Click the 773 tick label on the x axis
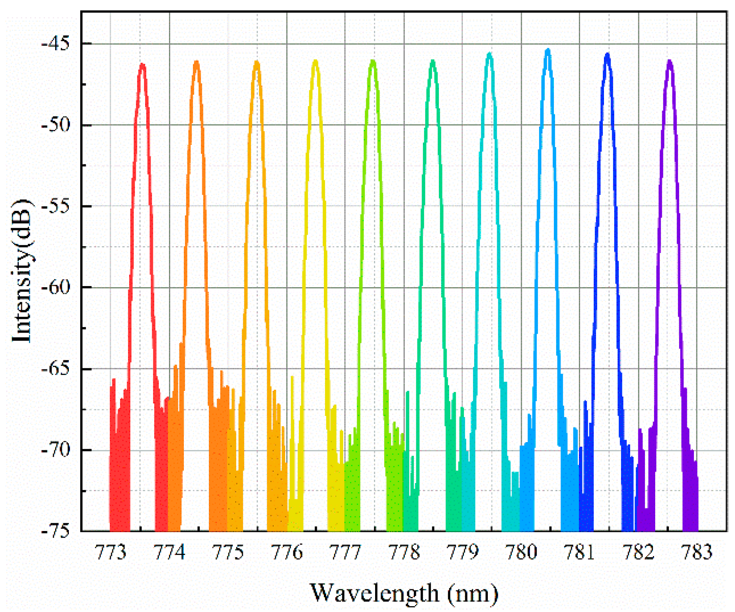111,552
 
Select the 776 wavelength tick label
287,552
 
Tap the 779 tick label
462,552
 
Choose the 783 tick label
697,552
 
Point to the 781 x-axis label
579,552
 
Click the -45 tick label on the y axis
56,43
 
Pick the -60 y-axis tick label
56,287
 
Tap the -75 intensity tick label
56,531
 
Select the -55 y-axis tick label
56,206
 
